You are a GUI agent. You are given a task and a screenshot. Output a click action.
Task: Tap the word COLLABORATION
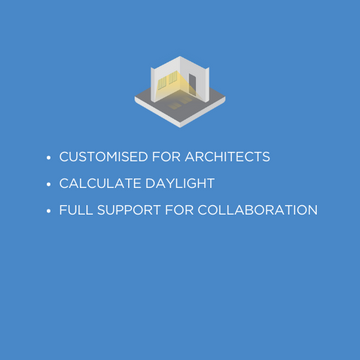pos(269,210)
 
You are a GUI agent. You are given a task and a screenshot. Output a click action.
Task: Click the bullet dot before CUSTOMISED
pos(48,158)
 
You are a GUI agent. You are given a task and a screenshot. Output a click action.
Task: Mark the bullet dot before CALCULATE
pos(48,184)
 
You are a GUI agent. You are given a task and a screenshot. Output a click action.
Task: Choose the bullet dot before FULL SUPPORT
pos(48,211)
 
